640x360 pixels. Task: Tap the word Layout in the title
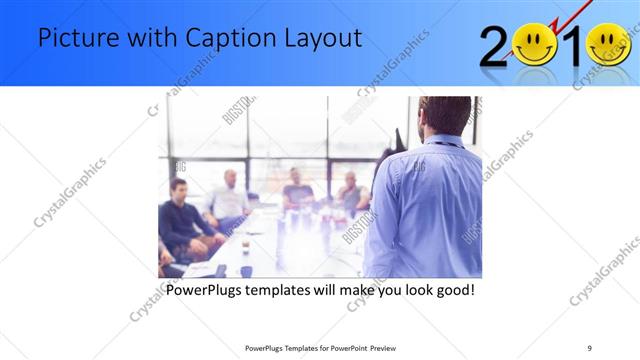pos(324,40)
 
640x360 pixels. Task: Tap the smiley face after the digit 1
pos(609,46)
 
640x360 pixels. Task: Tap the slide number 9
pos(589,348)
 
